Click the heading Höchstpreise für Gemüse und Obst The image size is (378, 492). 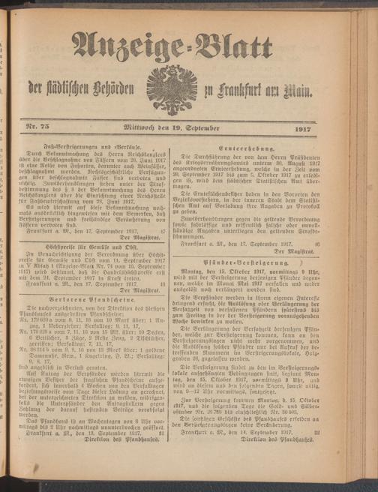[106, 224]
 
